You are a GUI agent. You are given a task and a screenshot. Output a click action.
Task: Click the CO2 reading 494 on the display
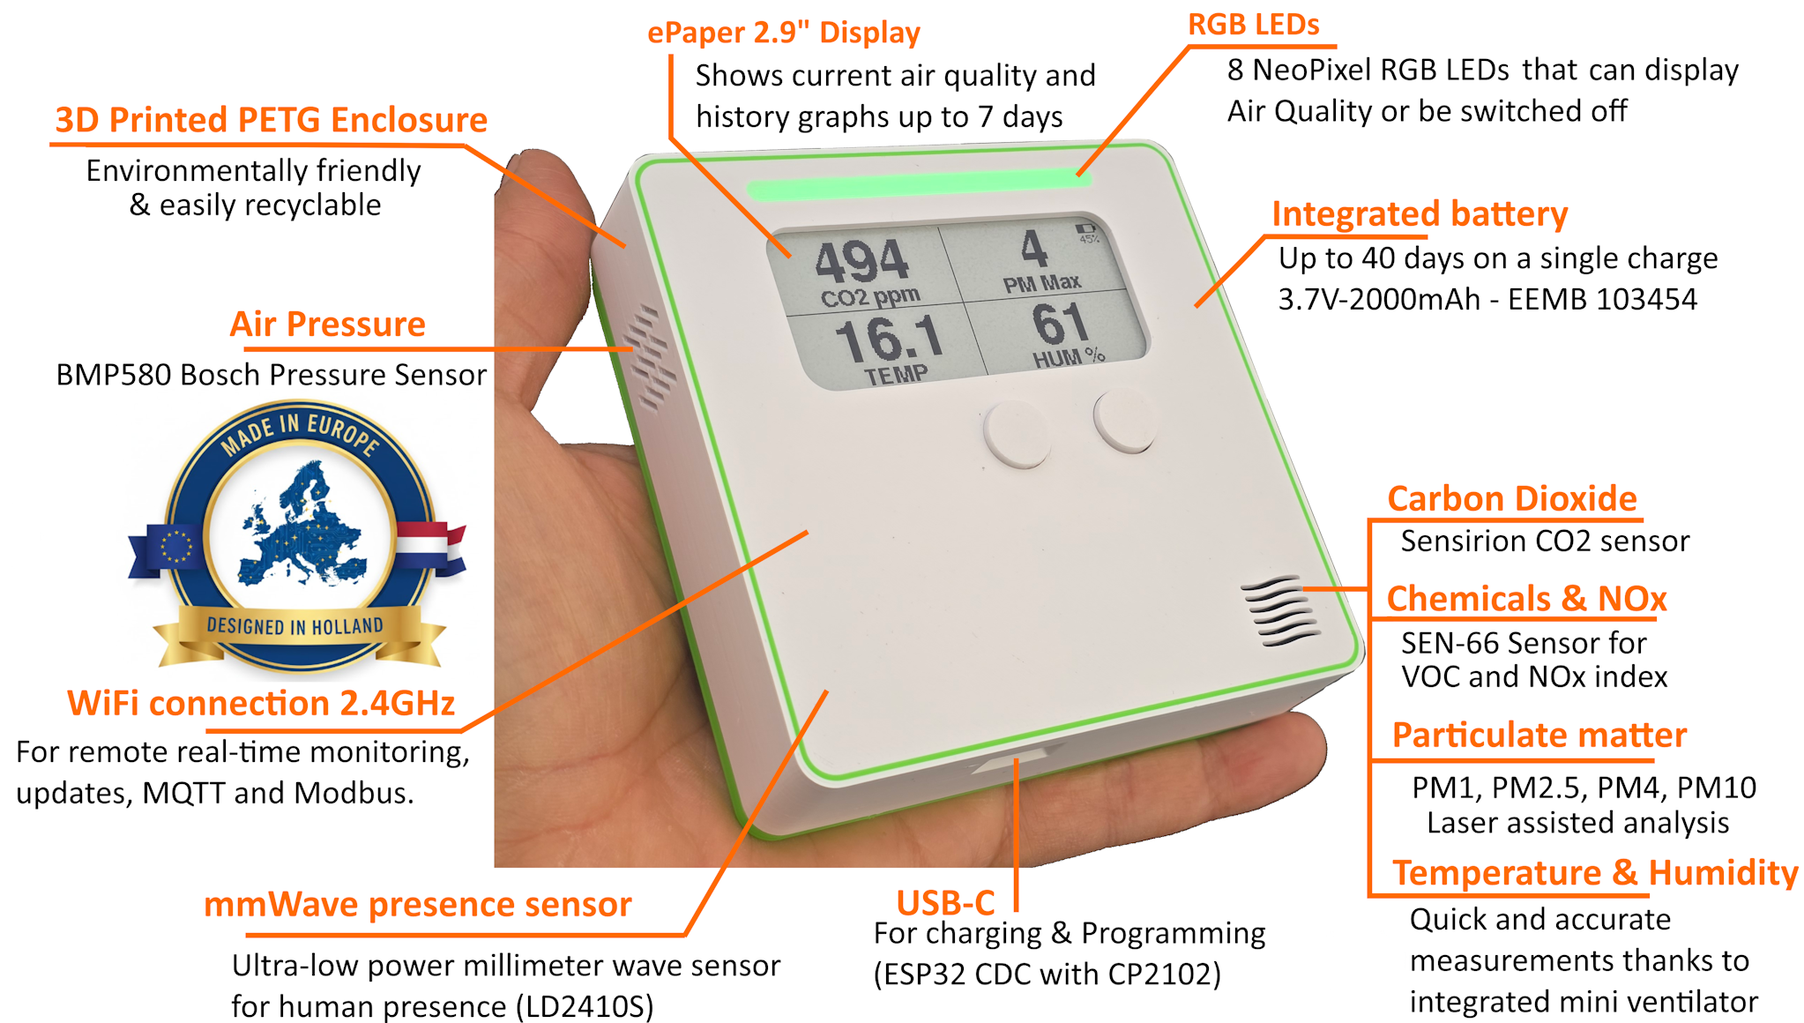(x=861, y=261)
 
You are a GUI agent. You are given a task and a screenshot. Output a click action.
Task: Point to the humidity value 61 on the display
(x=1061, y=324)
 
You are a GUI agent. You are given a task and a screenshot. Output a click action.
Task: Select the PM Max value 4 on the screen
(x=1034, y=249)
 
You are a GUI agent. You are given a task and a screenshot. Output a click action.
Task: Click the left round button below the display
(x=1017, y=434)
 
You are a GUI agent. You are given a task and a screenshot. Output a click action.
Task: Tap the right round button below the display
(x=1125, y=421)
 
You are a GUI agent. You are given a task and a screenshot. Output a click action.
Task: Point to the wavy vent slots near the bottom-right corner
(x=1281, y=610)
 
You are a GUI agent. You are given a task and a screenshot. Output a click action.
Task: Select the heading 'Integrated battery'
(x=1419, y=214)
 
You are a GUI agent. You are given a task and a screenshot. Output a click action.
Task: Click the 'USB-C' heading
(x=945, y=903)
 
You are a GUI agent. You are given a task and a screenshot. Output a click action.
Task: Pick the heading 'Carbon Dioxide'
(x=1511, y=499)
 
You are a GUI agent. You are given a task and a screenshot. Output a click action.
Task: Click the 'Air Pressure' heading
(x=327, y=325)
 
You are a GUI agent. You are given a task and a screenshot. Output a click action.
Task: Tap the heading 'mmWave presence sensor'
(x=417, y=905)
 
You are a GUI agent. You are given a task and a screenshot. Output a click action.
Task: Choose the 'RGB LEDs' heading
(x=1253, y=25)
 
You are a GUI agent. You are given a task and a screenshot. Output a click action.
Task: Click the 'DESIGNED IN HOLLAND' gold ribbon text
(x=294, y=627)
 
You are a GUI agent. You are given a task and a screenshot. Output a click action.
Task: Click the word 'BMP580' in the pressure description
(x=113, y=375)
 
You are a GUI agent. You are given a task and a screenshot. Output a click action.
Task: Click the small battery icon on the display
(x=1085, y=228)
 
